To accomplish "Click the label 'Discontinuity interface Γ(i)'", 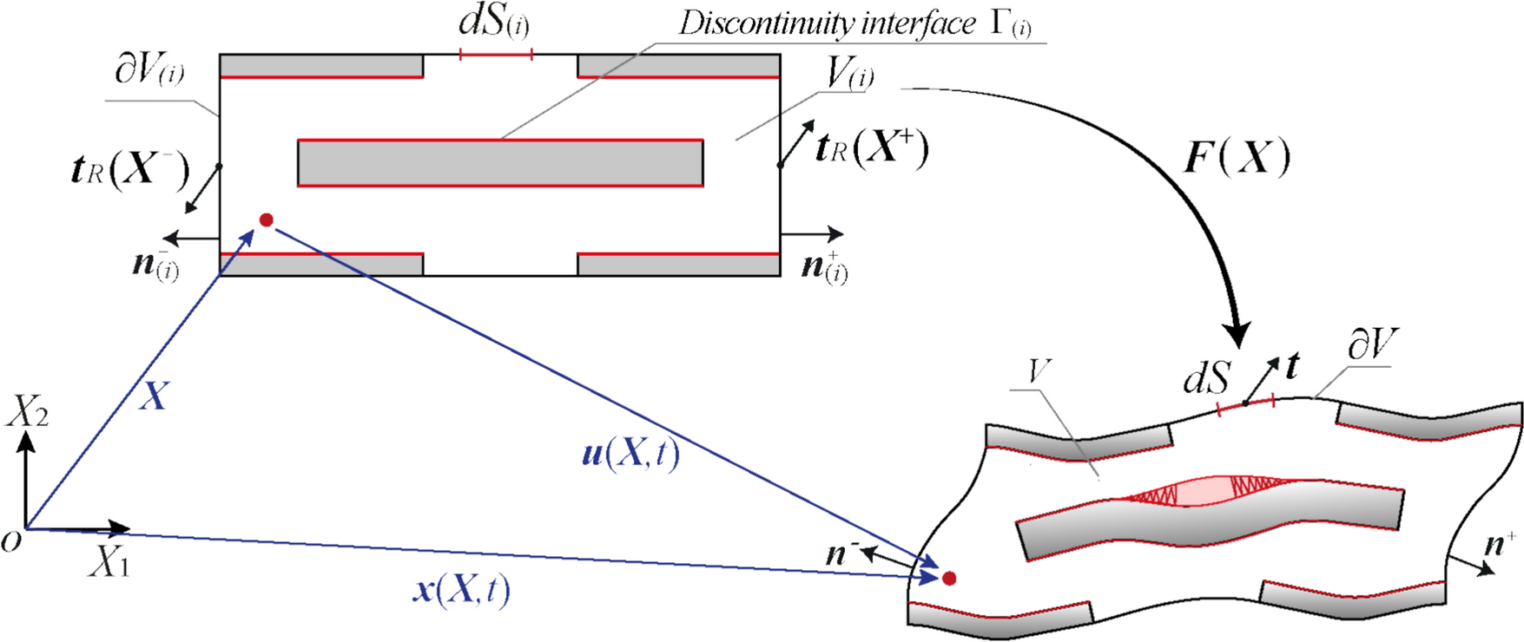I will tap(855, 24).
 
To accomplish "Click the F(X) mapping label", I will tap(1237, 158).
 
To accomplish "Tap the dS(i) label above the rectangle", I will tap(493, 22).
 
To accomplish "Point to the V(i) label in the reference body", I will tap(849, 75).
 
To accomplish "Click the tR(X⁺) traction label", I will tap(871, 148).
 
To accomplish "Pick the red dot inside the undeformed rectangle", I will tap(267, 220).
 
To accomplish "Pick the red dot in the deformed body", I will tap(949, 578).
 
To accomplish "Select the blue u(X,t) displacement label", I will tap(630, 454).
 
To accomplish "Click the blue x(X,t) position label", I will tap(461, 591).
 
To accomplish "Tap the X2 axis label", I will tap(27, 413).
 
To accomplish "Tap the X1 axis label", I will tap(109, 564).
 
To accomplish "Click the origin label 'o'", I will tap(11, 542).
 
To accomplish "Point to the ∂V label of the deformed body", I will tap(1371, 345).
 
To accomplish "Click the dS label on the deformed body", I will tap(1207, 378).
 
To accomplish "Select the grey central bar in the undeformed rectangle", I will tap(500, 162).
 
